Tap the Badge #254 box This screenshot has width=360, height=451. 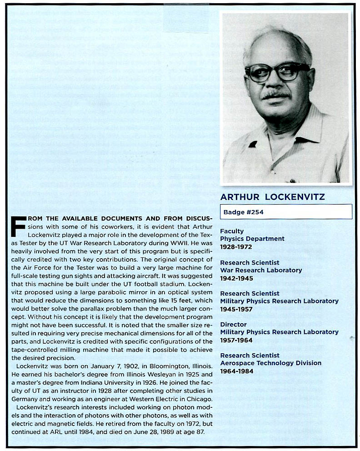pyautogui.click(x=286, y=212)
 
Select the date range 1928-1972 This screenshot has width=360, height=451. pyautogui.click(x=236, y=247)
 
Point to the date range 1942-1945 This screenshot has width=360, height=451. pyautogui.click(x=236, y=278)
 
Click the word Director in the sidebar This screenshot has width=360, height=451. pyautogui.click(x=233, y=324)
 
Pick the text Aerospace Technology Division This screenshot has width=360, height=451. pyautogui.click(x=270, y=363)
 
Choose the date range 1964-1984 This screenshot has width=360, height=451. pyautogui.click(x=236, y=371)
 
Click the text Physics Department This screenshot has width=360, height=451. pyautogui.click(x=252, y=239)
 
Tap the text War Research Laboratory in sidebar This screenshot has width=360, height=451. pyautogui.click(x=261, y=270)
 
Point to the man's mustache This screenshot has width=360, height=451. pyautogui.click(x=276, y=94)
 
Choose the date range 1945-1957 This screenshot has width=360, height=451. pyautogui.click(x=236, y=309)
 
